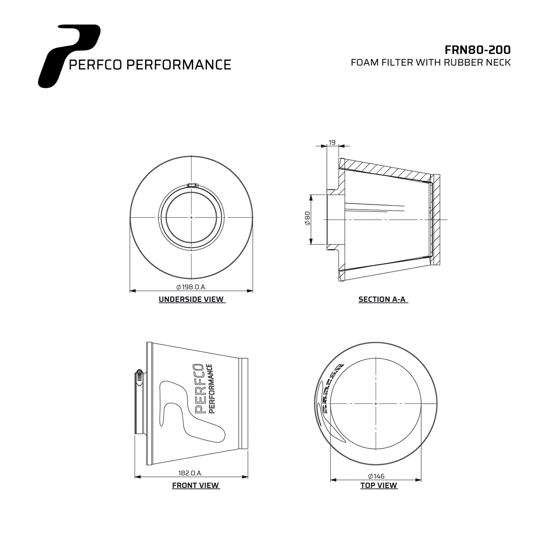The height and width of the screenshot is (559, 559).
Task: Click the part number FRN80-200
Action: click(x=477, y=50)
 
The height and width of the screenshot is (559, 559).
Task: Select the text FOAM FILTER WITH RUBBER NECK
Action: click(x=431, y=63)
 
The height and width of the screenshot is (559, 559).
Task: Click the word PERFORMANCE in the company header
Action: click(x=179, y=65)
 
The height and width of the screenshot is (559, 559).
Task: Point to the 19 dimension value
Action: click(x=332, y=142)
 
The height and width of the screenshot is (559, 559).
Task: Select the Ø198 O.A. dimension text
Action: click(x=191, y=287)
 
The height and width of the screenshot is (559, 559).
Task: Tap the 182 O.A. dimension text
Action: click(x=190, y=473)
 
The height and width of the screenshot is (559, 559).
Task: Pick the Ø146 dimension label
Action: click(x=376, y=476)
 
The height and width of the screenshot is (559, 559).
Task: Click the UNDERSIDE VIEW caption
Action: click(x=191, y=299)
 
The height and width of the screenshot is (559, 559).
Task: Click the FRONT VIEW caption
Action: click(x=195, y=485)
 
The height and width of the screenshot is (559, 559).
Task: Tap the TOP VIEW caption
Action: click(x=378, y=485)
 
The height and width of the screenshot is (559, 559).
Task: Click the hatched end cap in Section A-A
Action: click(x=436, y=220)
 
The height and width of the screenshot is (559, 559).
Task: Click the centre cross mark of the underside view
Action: click(x=191, y=217)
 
